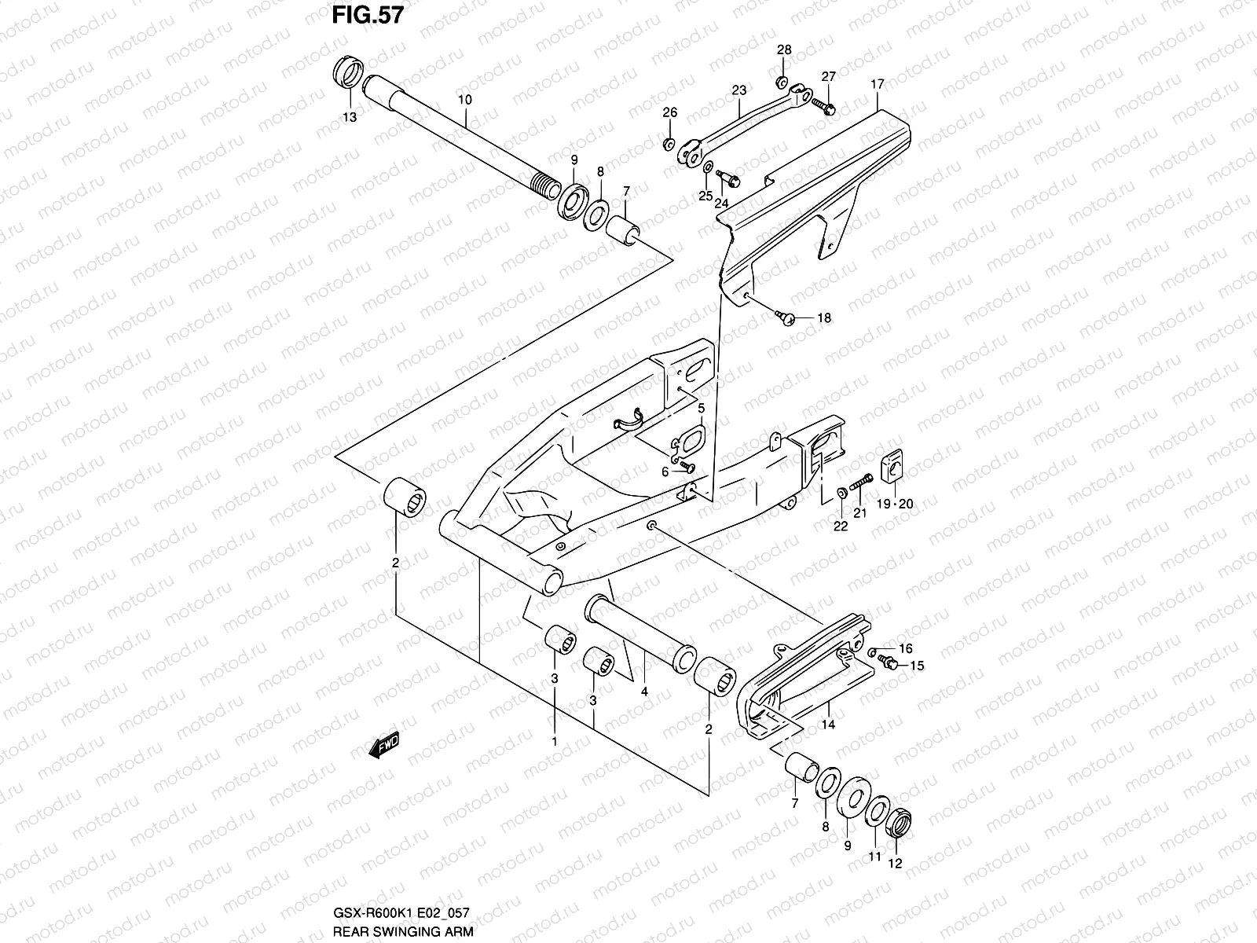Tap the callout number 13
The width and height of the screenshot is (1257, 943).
[349, 117]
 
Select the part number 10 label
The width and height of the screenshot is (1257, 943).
[464, 100]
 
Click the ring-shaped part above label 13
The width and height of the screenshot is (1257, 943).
[349, 75]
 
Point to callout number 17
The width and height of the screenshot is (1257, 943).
[878, 84]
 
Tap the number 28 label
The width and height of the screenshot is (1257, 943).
[784, 50]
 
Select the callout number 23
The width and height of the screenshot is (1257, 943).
[738, 90]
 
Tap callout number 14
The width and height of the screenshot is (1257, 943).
[828, 725]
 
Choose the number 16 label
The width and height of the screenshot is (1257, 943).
[905, 648]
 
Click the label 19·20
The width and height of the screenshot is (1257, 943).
[895, 505]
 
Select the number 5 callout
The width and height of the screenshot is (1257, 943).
[701, 408]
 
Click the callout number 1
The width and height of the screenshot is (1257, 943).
[554, 741]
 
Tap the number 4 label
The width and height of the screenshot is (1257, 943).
[643, 692]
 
